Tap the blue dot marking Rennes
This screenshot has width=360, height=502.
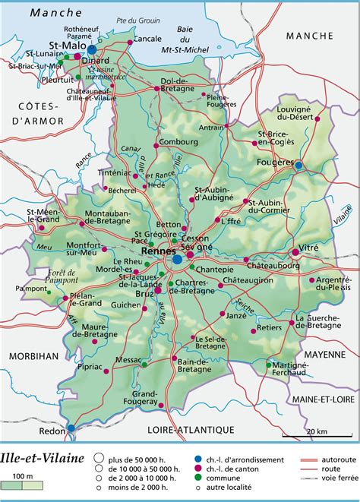click(x=177, y=259)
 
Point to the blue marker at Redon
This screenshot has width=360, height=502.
click(x=71, y=428)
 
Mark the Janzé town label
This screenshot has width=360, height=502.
click(x=238, y=317)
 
